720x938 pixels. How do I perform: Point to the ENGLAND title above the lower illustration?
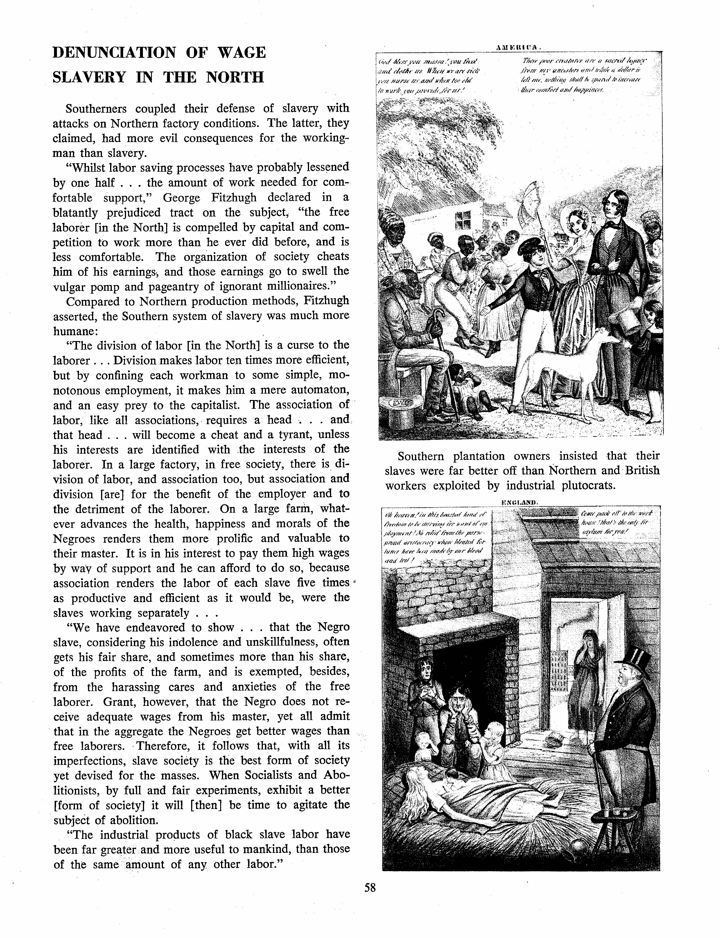(520, 502)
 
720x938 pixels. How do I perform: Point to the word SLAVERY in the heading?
(89, 77)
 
